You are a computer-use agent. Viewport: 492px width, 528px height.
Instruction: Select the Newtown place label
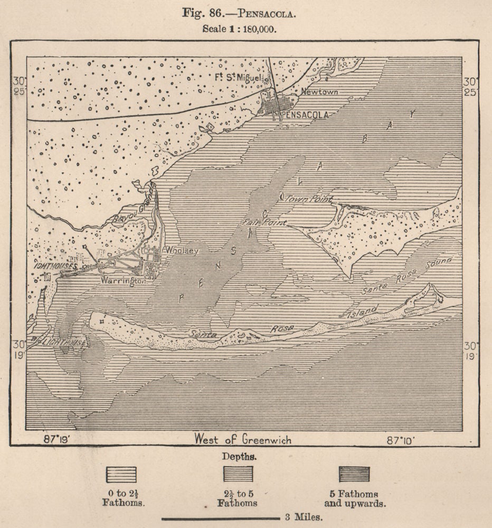[319, 92]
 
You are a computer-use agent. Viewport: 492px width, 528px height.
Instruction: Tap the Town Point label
[309, 199]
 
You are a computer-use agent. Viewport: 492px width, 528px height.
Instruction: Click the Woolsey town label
[182, 250]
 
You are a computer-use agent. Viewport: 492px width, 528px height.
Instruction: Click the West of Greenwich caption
[242, 439]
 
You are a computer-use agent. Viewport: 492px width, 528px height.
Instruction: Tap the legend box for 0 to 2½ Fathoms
[121, 474]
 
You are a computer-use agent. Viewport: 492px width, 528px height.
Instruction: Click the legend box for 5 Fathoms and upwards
[354, 474]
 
